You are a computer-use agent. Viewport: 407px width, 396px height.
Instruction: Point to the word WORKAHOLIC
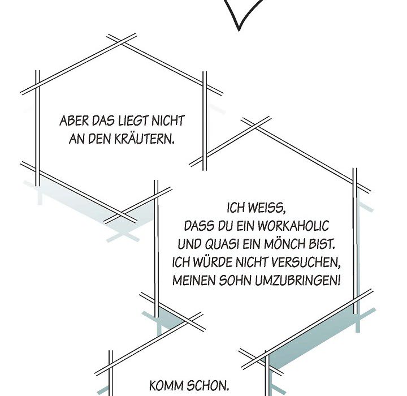click(x=293, y=226)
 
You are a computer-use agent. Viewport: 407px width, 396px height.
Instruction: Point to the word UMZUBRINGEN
click(x=297, y=281)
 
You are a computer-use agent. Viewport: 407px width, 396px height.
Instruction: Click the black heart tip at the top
click(x=239, y=31)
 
